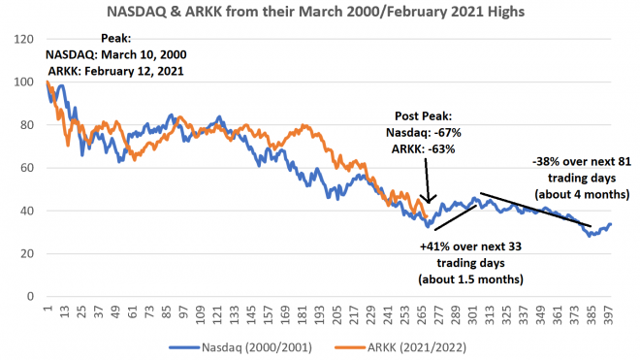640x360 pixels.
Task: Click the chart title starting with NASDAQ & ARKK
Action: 321,14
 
